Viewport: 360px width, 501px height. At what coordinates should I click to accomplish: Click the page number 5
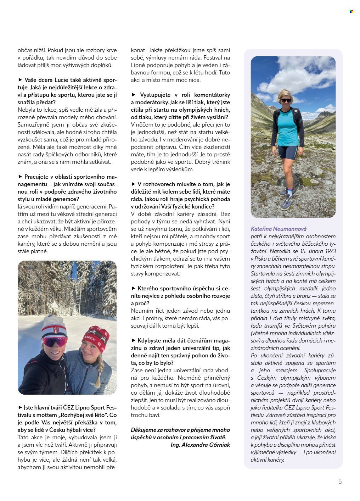click(340, 481)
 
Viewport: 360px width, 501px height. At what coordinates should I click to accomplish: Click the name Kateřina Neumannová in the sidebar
click(279, 229)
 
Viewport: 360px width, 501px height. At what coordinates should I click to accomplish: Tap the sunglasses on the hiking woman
click(286, 100)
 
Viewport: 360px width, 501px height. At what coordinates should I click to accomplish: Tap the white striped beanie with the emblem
click(54, 328)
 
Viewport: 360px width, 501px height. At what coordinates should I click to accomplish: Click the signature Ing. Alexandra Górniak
click(200, 445)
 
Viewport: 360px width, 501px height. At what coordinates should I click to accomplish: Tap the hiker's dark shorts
click(287, 152)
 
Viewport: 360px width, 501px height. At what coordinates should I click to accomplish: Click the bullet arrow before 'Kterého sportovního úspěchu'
click(133, 289)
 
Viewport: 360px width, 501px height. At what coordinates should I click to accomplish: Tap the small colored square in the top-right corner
click(351, 11)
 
